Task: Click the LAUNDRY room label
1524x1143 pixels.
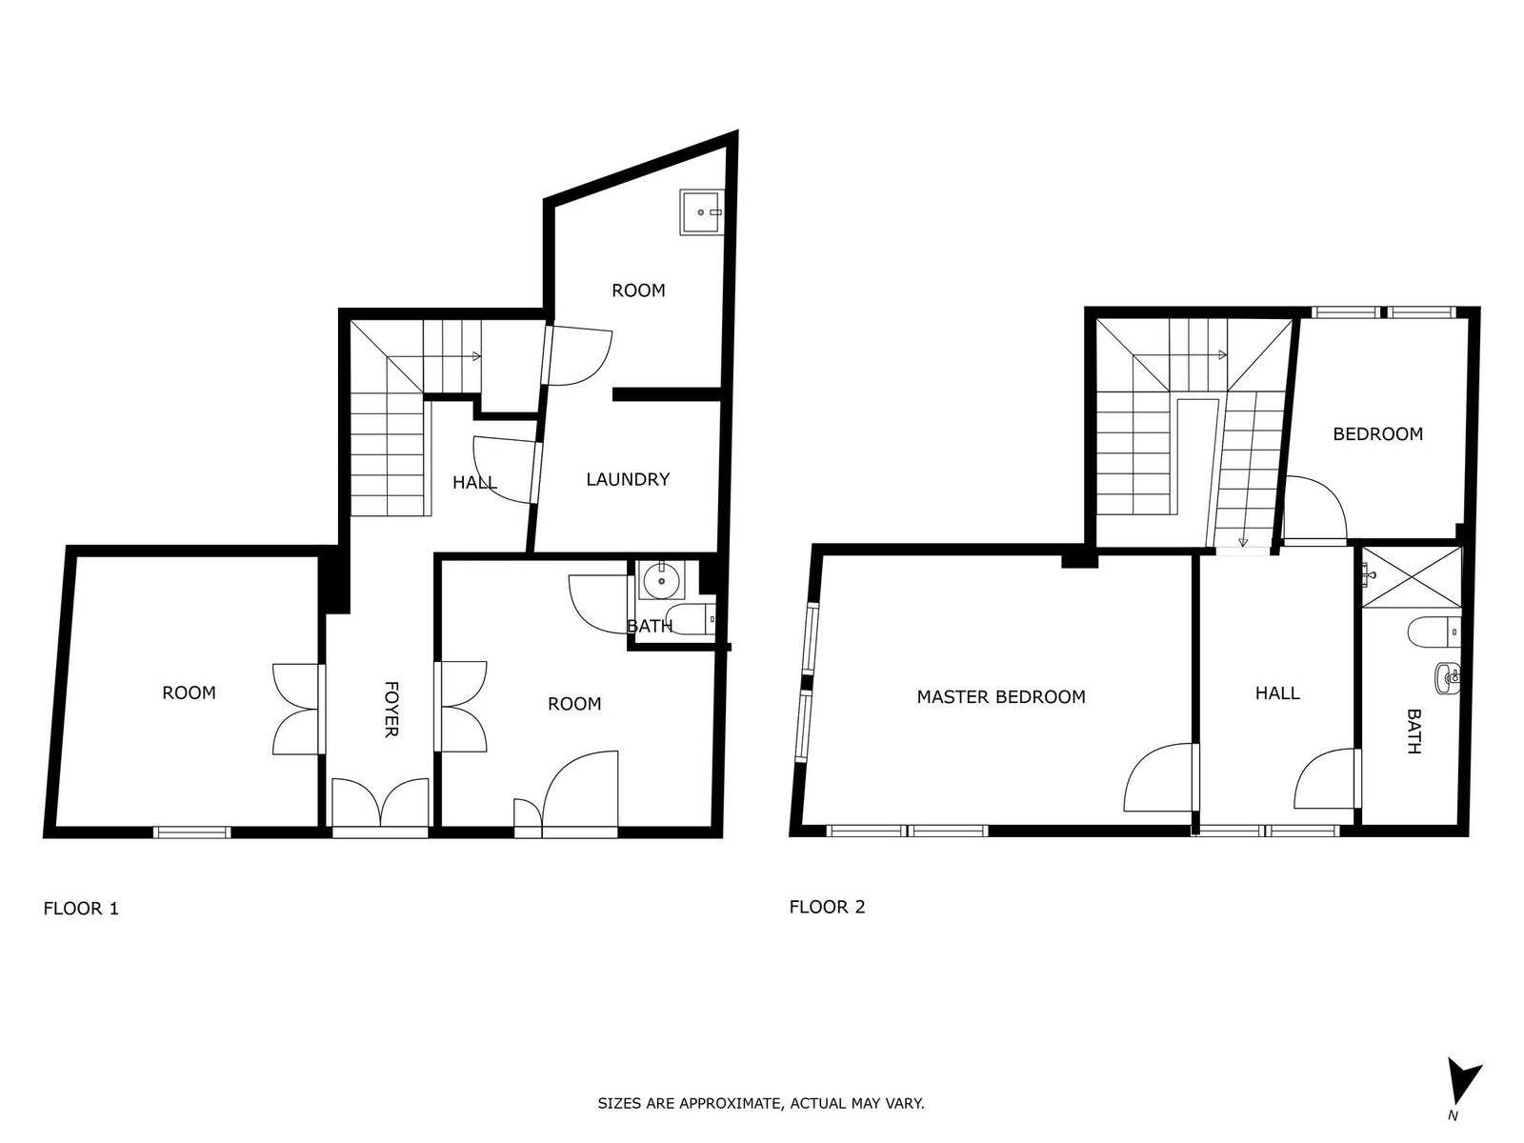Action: pyautogui.click(x=628, y=479)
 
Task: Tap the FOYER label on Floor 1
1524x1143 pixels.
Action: pyautogui.click(x=391, y=709)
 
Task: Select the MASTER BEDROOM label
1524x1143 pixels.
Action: pyautogui.click(x=1001, y=697)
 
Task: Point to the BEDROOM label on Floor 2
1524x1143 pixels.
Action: pyautogui.click(x=1377, y=434)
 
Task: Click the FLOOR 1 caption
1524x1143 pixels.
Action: pyautogui.click(x=81, y=909)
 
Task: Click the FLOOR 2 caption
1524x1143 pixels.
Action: pyautogui.click(x=827, y=907)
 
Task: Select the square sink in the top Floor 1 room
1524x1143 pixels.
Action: pyautogui.click(x=702, y=212)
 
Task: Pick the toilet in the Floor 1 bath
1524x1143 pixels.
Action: pyautogui.click(x=691, y=617)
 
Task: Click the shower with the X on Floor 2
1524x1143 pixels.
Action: pyautogui.click(x=1412, y=576)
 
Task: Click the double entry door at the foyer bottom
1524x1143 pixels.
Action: pyautogui.click(x=380, y=807)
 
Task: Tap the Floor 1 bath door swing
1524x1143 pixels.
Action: pyautogui.click(x=598, y=604)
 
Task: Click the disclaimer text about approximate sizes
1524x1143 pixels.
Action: pyautogui.click(x=761, y=1103)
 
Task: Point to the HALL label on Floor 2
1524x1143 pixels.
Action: pyautogui.click(x=1277, y=693)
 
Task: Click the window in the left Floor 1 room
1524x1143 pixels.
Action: pyautogui.click(x=191, y=832)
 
